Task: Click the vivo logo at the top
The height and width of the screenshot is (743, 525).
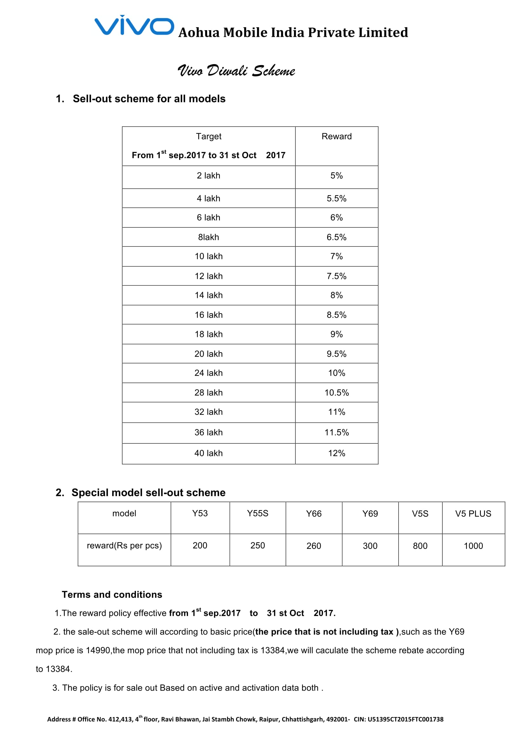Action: (x=134, y=25)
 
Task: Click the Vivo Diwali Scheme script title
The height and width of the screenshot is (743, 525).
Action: (x=236, y=71)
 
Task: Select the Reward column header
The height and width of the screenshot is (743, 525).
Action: (x=336, y=137)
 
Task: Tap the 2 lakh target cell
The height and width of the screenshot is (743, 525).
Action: (x=208, y=176)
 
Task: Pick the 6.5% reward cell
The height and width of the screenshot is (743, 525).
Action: (x=336, y=237)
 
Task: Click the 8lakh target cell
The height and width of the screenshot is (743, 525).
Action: (x=208, y=237)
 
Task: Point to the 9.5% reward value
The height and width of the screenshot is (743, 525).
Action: (x=336, y=354)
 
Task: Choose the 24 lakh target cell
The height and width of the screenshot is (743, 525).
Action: (x=208, y=373)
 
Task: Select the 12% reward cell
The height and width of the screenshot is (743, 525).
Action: (x=336, y=453)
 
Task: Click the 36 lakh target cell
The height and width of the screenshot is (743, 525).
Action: (x=208, y=432)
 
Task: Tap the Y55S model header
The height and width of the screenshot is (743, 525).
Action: (x=258, y=514)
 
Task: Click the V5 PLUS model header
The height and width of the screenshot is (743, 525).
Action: (x=473, y=514)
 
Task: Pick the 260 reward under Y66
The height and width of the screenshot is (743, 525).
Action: (x=314, y=546)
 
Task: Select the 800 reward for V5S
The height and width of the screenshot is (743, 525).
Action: (x=420, y=546)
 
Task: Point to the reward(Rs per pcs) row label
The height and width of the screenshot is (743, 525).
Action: (x=124, y=546)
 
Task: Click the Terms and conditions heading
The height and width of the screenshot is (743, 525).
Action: (x=112, y=594)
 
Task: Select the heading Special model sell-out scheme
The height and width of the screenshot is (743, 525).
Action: (x=148, y=493)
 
